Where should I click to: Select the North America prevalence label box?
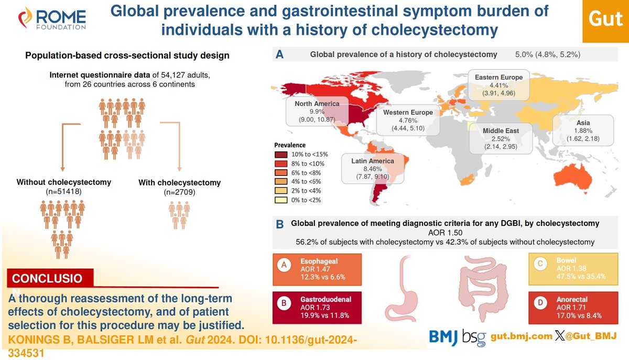pos(317,111)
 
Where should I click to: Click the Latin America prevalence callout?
pos(373,168)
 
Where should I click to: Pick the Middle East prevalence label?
pos(501,138)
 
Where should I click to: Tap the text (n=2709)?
pos(179,192)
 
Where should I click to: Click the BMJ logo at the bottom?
pos(443,335)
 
